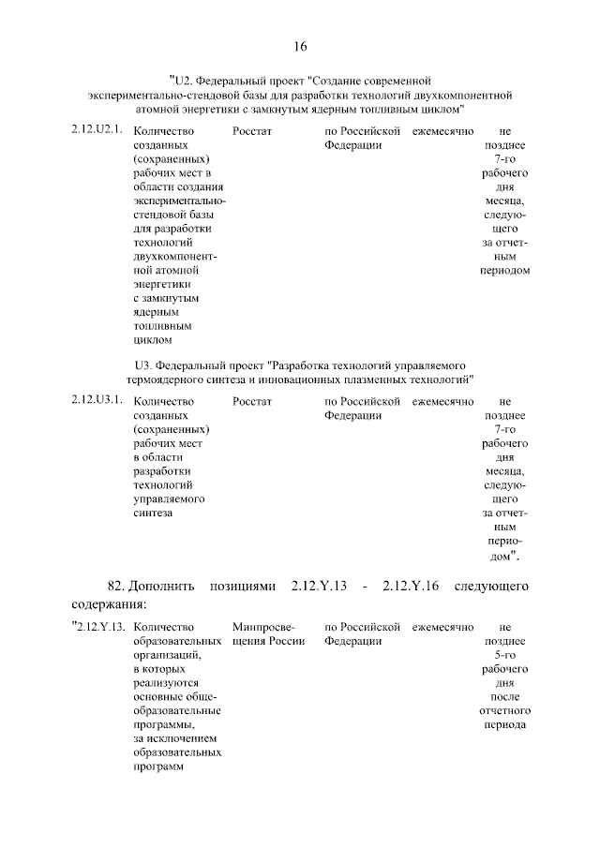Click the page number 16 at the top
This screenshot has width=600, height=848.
[x=300, y=46]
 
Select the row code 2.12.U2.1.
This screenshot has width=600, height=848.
[x=97, y=130]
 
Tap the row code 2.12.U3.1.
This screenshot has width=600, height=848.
[x=97, y=400]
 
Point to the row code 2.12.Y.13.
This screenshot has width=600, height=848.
[x=100, y=626]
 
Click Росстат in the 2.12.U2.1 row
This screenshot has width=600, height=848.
[x=251, y=130]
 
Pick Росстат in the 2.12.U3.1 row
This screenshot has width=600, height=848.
[x=251, y=400]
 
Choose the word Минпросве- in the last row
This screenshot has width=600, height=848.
[x=263, y=626]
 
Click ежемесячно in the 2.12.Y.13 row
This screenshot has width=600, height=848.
[x=443, y=626]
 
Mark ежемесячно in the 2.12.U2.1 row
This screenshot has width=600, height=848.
[x=443, y=130]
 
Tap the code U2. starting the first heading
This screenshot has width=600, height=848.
[x=182, y=81]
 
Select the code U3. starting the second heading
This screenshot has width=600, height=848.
[x=142, y=364]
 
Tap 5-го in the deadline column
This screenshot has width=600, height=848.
[x=505, y=655]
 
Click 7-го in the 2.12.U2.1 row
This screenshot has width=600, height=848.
[x=505, y=159]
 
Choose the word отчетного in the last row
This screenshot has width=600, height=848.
[x=505, y=710]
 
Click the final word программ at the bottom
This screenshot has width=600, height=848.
[x=157, y=766]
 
